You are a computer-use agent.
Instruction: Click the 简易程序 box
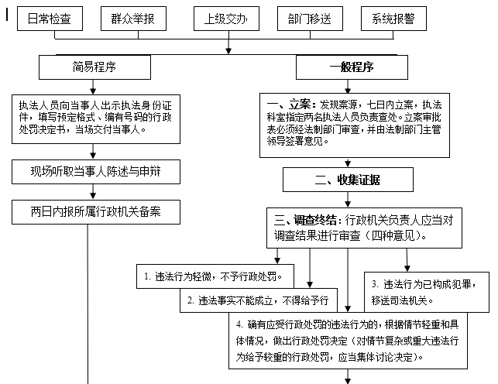tap(89, 67)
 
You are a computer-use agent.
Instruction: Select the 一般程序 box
tap(351, 67)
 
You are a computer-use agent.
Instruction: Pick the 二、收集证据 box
tap(352, 180)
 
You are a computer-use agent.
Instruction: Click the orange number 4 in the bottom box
tap(240, 323)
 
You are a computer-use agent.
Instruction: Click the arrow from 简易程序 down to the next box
tap(88, 86)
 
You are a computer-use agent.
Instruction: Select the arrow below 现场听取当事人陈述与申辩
tap(88, 191)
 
